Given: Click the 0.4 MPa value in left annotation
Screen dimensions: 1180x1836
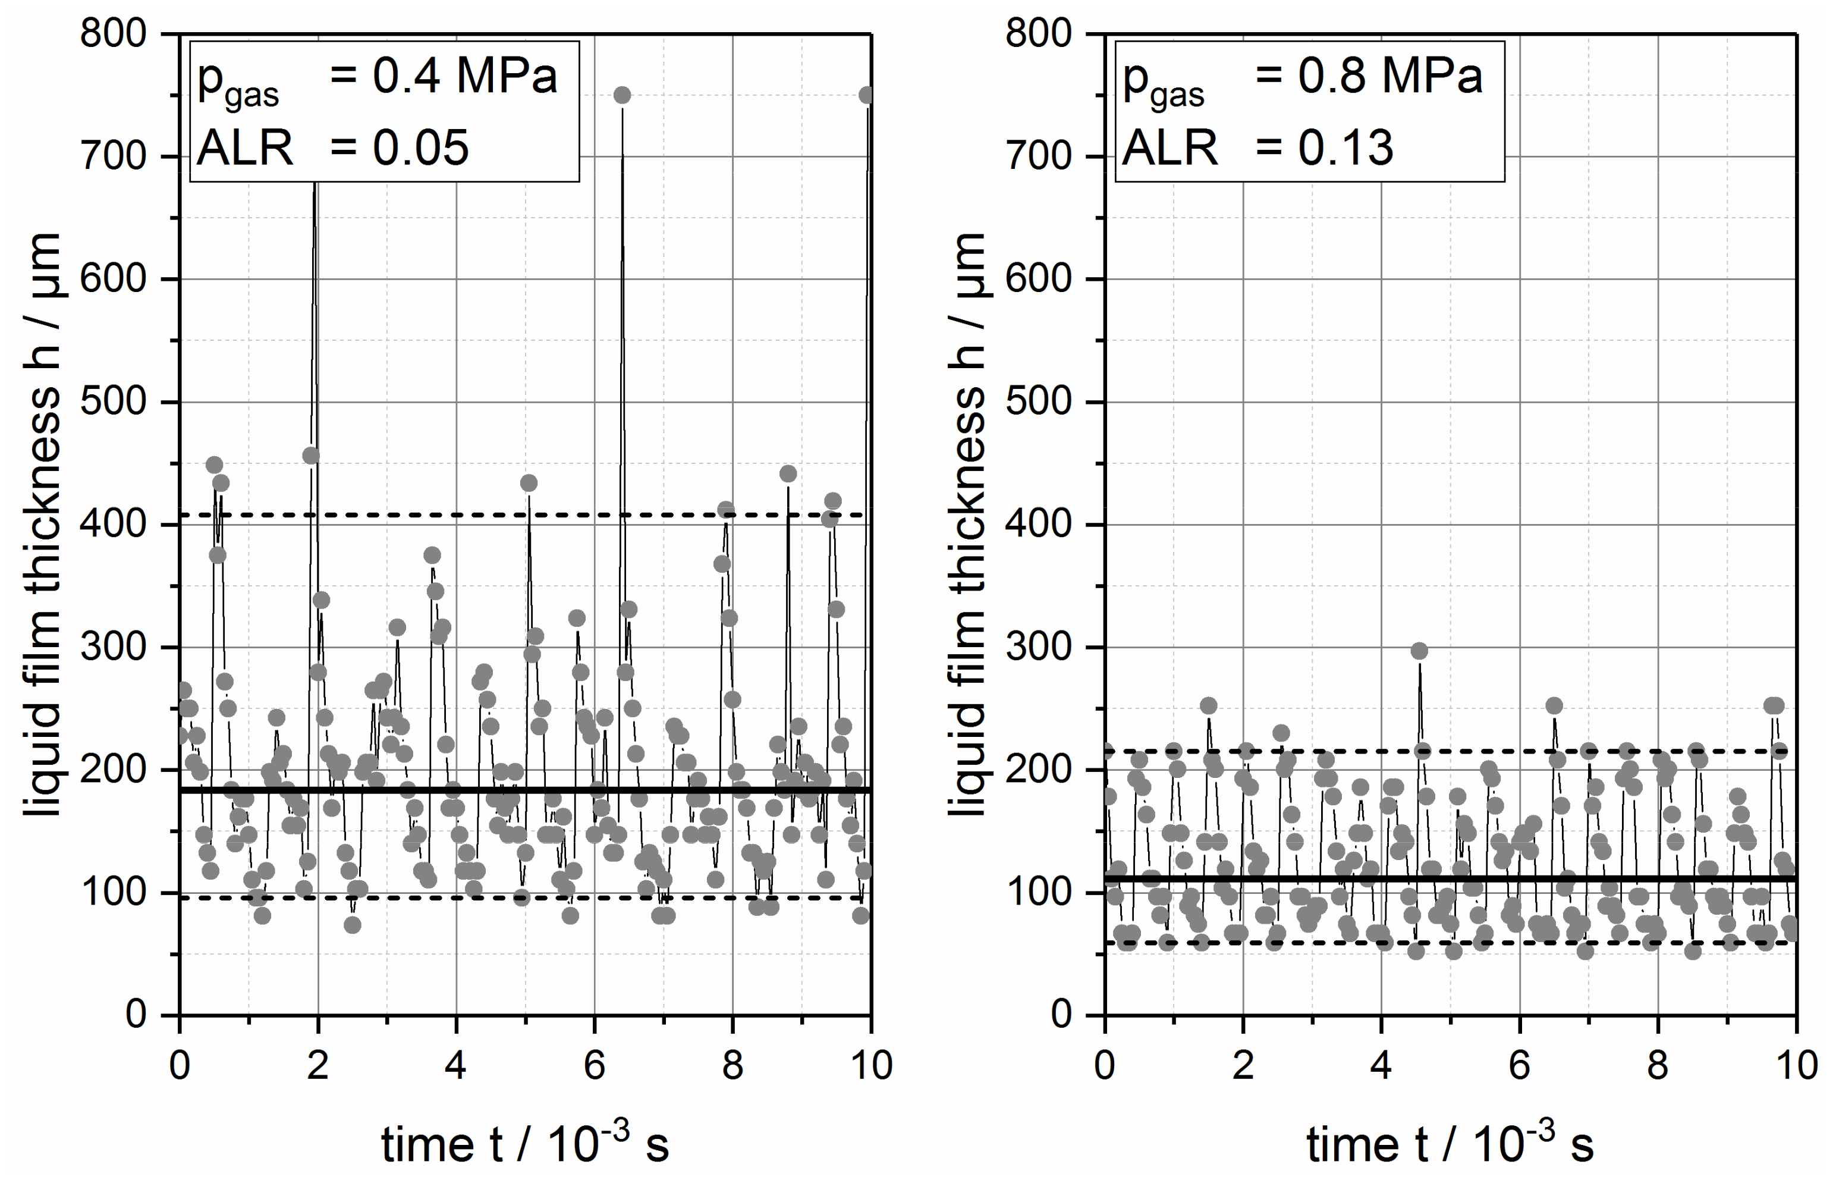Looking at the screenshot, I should point(464,77).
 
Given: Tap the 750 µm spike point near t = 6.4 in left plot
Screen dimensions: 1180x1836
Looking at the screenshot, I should point(622,95).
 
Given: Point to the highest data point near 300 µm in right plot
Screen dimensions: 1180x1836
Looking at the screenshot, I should point(1419,651).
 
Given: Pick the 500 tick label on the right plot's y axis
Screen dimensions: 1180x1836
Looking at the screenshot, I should point(1038,401).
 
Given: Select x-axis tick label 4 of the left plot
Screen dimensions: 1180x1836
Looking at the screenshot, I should point(456,1066).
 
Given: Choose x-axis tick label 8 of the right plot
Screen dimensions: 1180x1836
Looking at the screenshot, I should point(1658,1066).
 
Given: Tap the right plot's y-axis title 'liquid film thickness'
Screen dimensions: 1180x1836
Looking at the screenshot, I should point(967,524).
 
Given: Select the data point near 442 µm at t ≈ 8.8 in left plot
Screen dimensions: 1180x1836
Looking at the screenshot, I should point(787,473).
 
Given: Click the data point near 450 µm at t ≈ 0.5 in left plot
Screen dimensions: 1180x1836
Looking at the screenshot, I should point(215,465).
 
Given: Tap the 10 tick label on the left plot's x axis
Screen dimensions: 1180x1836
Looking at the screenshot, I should point(871,1066).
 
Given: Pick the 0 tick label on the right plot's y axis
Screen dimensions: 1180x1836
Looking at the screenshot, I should point(1060,1015).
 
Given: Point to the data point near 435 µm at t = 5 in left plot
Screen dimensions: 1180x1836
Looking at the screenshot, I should point(529,483).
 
